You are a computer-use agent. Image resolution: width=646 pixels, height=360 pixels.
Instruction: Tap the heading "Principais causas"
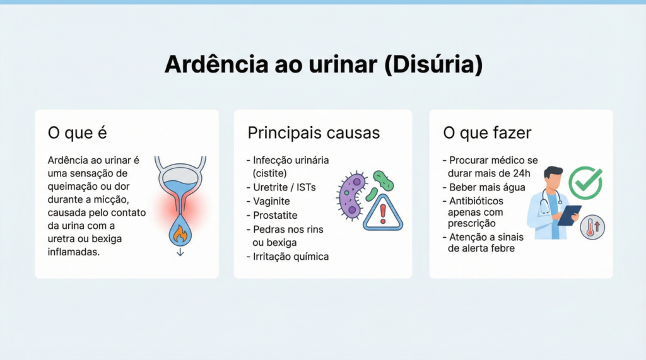(314, 133)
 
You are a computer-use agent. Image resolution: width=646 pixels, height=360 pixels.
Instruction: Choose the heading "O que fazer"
(487, 133)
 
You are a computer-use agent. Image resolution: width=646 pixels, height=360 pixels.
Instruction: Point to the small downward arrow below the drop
(180, 252)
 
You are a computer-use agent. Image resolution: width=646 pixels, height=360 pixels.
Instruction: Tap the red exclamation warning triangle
(382, 212)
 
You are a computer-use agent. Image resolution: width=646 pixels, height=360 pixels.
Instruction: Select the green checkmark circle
(585, 183)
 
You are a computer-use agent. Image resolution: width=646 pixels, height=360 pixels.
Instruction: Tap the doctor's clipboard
(569, 214)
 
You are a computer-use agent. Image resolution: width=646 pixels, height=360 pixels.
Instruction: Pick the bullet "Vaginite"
(271, 201)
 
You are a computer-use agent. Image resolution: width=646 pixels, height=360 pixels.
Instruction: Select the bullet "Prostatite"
(274, 216)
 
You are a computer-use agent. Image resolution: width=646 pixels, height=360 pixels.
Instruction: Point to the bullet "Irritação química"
(290, 257)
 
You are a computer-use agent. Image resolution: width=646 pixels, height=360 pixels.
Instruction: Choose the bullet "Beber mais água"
(487, 187)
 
